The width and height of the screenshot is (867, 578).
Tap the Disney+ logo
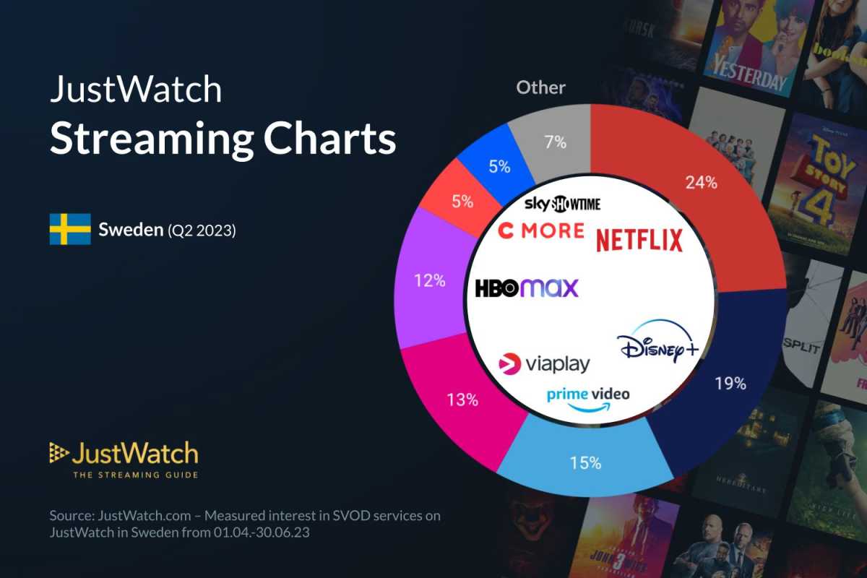pos(657,346)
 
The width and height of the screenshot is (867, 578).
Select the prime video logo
pos(588,398)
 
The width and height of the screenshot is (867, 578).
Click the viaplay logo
pos(544,363)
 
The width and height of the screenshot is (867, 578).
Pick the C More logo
pos(541,230)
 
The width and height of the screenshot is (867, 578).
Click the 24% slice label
pos(702,183)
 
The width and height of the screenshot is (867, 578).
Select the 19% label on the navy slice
pos(730,383)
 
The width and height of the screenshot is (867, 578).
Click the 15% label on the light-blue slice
pos(585,462)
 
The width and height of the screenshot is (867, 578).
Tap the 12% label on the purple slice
pos(429,280)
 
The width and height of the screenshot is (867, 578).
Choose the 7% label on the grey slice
pos(555,142)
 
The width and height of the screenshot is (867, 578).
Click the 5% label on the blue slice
pos(499,166)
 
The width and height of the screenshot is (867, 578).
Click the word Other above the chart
pos(541,88)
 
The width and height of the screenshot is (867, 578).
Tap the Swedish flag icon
pos(70,229)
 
